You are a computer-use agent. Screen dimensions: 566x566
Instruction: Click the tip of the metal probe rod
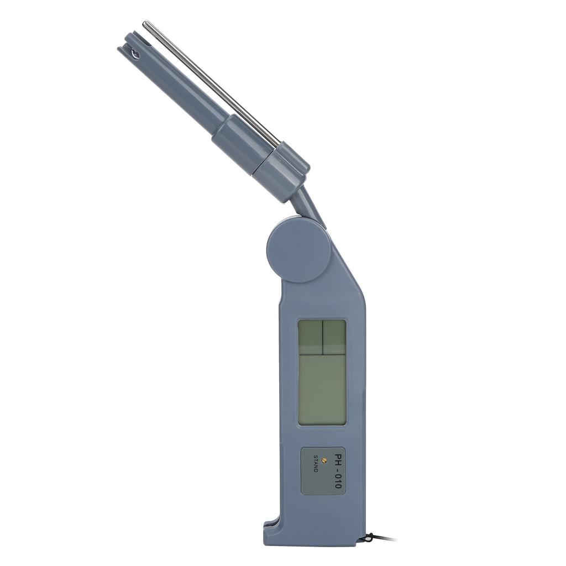[x=146, y=24]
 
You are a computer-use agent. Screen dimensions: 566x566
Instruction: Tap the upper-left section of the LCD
[x=310, y=337]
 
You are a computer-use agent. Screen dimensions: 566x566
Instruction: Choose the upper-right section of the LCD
[x=334, y=337]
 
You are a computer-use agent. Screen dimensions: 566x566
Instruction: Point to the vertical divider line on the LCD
[x=322, y=337]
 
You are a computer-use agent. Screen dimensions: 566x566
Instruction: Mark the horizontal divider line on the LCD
[x=322, y=354]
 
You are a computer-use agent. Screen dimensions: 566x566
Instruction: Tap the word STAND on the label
[x=315, y=463]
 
